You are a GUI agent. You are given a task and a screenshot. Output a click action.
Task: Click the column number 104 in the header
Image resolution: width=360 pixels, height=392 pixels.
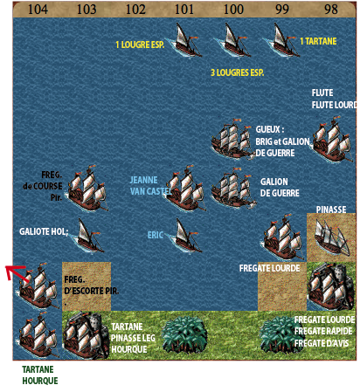tap(38, 10)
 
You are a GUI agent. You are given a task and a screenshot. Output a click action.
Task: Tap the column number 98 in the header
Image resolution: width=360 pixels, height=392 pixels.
tap(331, 10)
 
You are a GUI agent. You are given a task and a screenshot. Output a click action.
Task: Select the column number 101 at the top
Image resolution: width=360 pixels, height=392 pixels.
tap(184, 10)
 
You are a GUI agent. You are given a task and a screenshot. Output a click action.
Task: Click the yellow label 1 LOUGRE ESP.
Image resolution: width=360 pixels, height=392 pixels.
tap(140, 45)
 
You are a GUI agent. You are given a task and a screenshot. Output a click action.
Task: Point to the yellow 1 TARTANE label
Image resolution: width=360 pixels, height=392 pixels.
tap(318, 41)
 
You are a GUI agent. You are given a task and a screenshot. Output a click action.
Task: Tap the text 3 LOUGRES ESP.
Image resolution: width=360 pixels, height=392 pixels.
tap(238, 72)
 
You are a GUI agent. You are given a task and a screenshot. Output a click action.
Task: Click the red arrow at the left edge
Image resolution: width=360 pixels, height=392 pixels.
tap(16, 272)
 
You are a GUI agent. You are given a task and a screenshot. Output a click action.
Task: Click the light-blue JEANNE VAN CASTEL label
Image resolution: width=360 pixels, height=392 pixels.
tap(150, 185)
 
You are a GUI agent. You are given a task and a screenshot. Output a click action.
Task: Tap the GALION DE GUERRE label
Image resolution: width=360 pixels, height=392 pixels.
tap(280, 188)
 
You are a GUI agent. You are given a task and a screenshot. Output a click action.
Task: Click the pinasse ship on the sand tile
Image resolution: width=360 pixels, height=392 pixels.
tap(331, 238)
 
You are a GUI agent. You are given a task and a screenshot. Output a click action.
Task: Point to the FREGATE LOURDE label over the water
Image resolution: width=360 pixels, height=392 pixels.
tap(269, 268)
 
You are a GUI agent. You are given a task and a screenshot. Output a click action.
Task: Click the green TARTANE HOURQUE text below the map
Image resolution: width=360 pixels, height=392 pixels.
tap(40, 375)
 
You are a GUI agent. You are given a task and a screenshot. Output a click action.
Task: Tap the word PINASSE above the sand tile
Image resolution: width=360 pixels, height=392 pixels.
tap(331, 210)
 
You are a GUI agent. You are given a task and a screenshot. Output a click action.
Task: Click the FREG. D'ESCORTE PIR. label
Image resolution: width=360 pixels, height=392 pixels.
tap(92, 285)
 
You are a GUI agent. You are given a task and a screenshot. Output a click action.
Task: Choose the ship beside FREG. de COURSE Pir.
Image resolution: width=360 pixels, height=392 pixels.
tap(87, 188)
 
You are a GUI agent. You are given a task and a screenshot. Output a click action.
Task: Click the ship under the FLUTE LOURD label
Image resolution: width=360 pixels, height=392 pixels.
tap(332, 139)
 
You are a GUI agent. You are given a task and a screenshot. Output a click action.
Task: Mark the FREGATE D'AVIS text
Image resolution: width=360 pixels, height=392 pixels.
tap(322, 343)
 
